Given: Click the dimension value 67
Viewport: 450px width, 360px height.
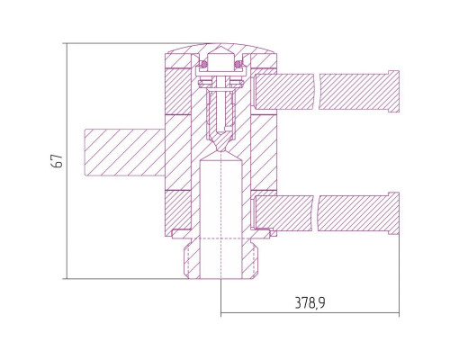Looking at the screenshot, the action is (x=58, y=161).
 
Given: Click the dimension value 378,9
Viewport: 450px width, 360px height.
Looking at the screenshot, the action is (x=310, y=302).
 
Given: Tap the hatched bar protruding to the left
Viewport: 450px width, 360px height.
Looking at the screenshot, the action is (x=125, y=152).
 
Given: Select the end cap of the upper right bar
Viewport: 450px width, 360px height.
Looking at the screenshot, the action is (x=393, y=91).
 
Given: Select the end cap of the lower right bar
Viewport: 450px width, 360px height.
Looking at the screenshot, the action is (x=393, y=213).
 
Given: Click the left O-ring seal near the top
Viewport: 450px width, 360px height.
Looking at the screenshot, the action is (x=204, y=64).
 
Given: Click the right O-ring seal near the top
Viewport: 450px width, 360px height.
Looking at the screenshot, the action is (x=238, y=64).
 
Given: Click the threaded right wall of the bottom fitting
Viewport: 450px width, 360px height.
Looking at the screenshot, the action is (x=249, y=258).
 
